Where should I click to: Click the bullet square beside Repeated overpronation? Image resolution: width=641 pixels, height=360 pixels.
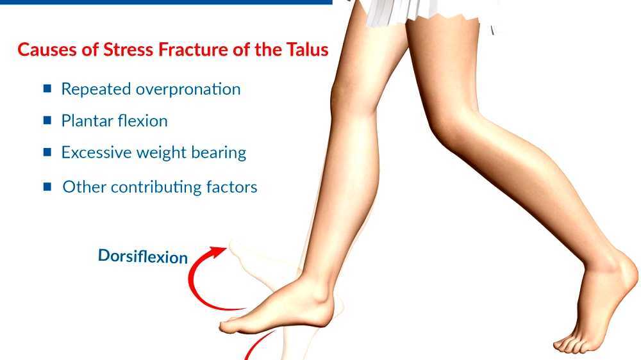pos(47,89)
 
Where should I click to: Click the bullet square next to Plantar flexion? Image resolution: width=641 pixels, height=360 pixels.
pos(47,120)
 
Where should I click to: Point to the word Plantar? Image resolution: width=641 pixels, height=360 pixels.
pos(83,120)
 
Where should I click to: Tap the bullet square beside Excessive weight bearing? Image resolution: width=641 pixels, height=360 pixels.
pos(47,152)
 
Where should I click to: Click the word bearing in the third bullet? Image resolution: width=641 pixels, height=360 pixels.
pos(221,152)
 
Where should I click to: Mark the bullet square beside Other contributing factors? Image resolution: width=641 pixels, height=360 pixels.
pos(47,187)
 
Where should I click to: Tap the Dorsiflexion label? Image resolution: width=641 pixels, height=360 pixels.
pos(143,256)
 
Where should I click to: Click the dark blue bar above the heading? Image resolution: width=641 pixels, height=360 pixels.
pos(166,2)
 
